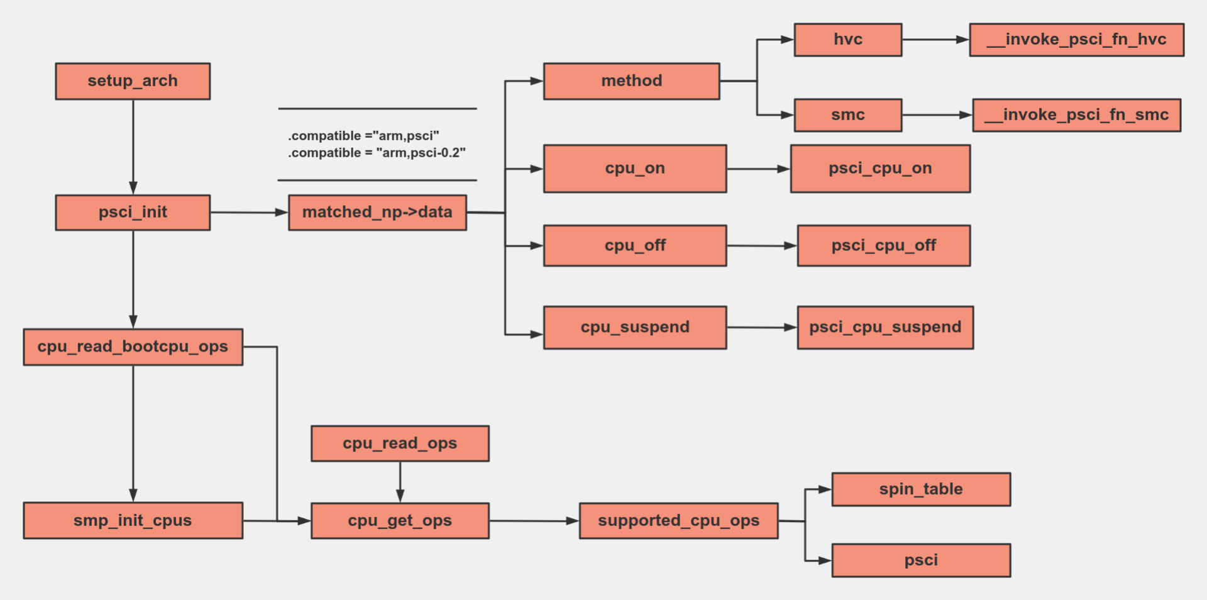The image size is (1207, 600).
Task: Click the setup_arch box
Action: click(133, 81)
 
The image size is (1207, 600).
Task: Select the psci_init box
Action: click(133, 213)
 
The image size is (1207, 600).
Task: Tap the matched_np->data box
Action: click(377, 213)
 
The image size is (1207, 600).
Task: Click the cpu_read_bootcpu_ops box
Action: click(133, 347)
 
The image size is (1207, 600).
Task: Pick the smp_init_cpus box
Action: click(133, 520)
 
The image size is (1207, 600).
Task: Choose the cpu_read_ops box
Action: click(400, 443)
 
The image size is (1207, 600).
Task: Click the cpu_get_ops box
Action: click(400, 520)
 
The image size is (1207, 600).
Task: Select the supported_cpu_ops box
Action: click(678, 520)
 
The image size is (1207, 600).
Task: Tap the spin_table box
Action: click(921, 489)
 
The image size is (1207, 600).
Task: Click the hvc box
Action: click(847, 40)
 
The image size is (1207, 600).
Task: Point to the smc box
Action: click(847, 115)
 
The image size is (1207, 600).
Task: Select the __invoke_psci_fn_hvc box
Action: click(1076, 40)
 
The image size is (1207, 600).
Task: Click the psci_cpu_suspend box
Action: click(885, 328)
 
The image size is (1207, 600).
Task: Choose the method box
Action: click(631, 81)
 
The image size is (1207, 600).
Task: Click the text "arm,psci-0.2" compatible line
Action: click(377, 153)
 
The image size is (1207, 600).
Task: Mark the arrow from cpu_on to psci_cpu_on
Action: click(758, 169)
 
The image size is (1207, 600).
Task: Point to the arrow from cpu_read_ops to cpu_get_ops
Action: click(400, 482)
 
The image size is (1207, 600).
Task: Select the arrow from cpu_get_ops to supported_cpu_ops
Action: click(534, 521)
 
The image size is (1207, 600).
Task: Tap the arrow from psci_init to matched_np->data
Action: click(249, 213)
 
